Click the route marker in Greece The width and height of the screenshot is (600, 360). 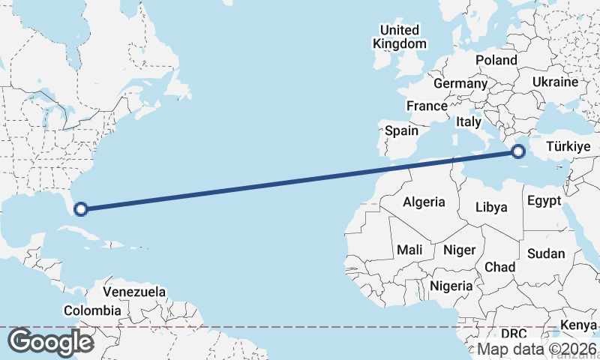click(517, 152)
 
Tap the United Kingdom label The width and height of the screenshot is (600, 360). click(399, 37)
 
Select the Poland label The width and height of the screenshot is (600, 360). click(496, 60)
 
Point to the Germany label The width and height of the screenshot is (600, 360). click(460, 84)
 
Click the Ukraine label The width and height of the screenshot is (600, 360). click(554, 82)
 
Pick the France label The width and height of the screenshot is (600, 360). click(427, 106)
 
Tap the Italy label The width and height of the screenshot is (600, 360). click(469, 121)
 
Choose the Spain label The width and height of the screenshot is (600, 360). click(401, 130)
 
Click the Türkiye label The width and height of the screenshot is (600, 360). click(568, 146)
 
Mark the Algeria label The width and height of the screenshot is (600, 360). click(424, 202)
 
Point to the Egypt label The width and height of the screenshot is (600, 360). click(544, 201)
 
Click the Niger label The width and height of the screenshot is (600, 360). click(460, 250)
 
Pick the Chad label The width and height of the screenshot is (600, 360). click(500, 267)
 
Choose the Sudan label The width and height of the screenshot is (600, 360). click(545, 253)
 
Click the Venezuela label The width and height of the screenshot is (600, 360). click(134, 292)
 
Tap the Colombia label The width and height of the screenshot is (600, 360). click(92, 310)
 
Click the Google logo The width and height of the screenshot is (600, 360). click(50, 342)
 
